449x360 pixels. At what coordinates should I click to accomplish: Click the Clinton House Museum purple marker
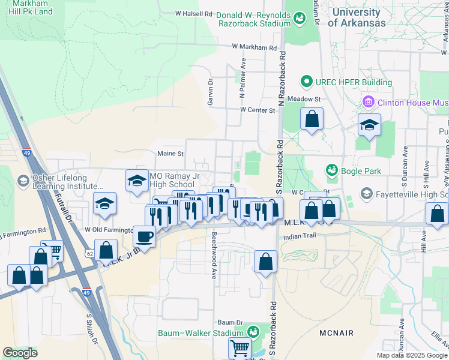[x=369, y=102]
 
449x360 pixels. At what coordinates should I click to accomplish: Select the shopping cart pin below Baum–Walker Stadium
[x=240, y=348]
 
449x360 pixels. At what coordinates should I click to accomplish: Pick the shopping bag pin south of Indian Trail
[x=265, y=262]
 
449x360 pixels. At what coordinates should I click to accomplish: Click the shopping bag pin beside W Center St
[x=312, y=118]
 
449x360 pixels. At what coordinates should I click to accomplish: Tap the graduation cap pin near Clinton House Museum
[x=369, y=125]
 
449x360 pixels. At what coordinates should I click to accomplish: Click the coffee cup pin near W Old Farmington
[x=144, y=236]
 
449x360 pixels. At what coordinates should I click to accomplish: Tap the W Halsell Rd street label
[x=194, y=13]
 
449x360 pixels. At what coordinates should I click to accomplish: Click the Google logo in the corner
[x=20, y=353]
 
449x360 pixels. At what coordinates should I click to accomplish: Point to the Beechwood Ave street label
[x=213, y=256]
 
